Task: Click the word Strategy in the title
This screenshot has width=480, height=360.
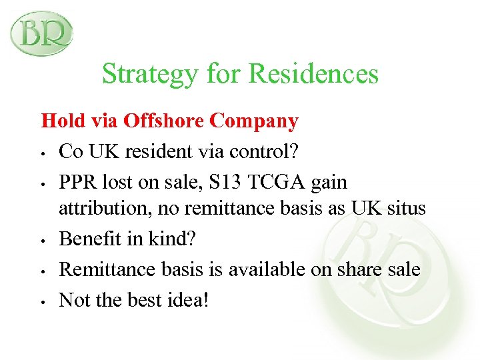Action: click(149, 73)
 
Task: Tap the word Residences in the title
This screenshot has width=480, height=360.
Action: click(314, 73)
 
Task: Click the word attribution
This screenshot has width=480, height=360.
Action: click(100, 209)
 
